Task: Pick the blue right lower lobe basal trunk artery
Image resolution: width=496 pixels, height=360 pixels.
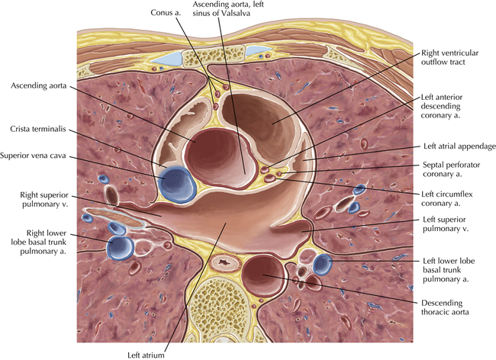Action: point(121,246)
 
